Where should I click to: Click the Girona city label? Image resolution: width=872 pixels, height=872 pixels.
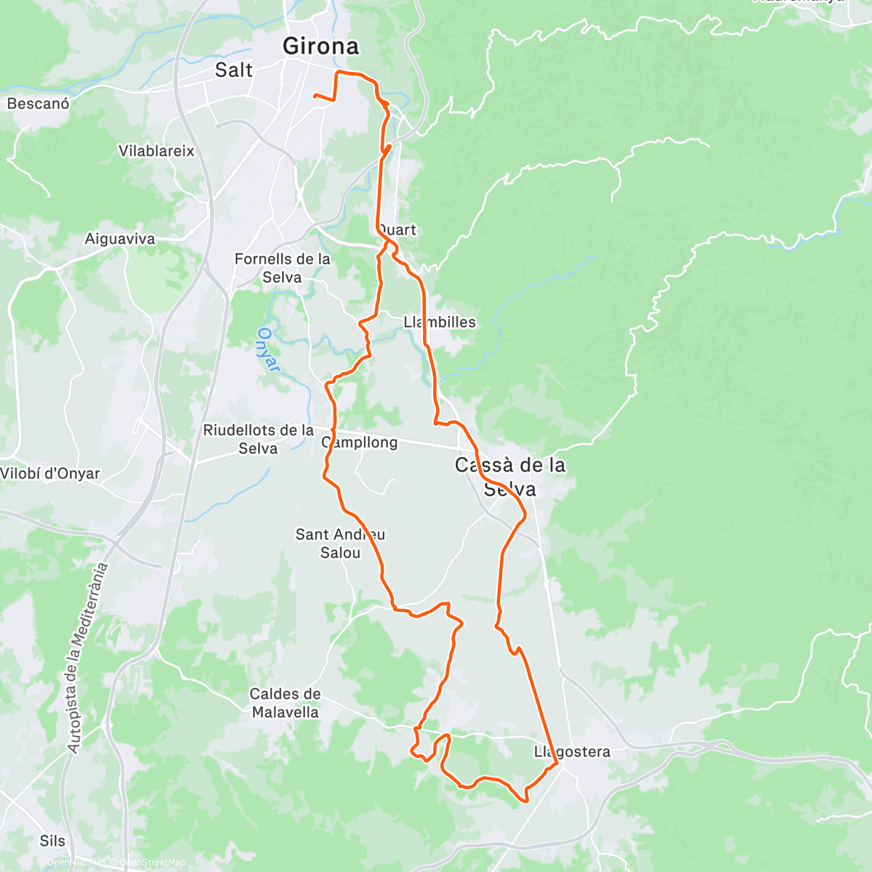(320, 47)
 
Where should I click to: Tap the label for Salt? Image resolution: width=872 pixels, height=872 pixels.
(234, 70)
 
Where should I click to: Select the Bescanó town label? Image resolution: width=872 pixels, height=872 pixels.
(39, 104)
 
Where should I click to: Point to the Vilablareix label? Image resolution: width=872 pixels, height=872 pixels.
(157, 151)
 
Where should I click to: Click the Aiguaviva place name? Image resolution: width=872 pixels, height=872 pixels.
(120, 239)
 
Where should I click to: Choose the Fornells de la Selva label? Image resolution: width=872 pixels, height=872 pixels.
(282, 268)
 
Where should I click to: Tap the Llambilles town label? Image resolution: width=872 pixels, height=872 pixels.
(440, 322)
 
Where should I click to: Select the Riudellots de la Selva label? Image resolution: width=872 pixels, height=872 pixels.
(258, 440)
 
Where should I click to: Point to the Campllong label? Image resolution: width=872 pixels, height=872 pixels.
(360, 443)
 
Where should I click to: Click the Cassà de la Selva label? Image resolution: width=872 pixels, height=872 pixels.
(510, 477)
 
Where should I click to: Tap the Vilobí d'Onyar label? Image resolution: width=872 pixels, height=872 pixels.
(50, 474)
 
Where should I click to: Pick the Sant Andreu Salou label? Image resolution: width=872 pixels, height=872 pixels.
(340, 544)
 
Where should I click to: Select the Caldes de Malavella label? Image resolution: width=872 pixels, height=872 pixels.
(285, 703)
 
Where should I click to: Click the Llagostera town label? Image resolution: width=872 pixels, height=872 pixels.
(572, 752)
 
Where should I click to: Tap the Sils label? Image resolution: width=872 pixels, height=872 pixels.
(52, 841)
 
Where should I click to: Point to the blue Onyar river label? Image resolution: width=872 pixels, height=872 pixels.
(268, 350)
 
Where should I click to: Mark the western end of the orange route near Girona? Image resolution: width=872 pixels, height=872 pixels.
(314, 95)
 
